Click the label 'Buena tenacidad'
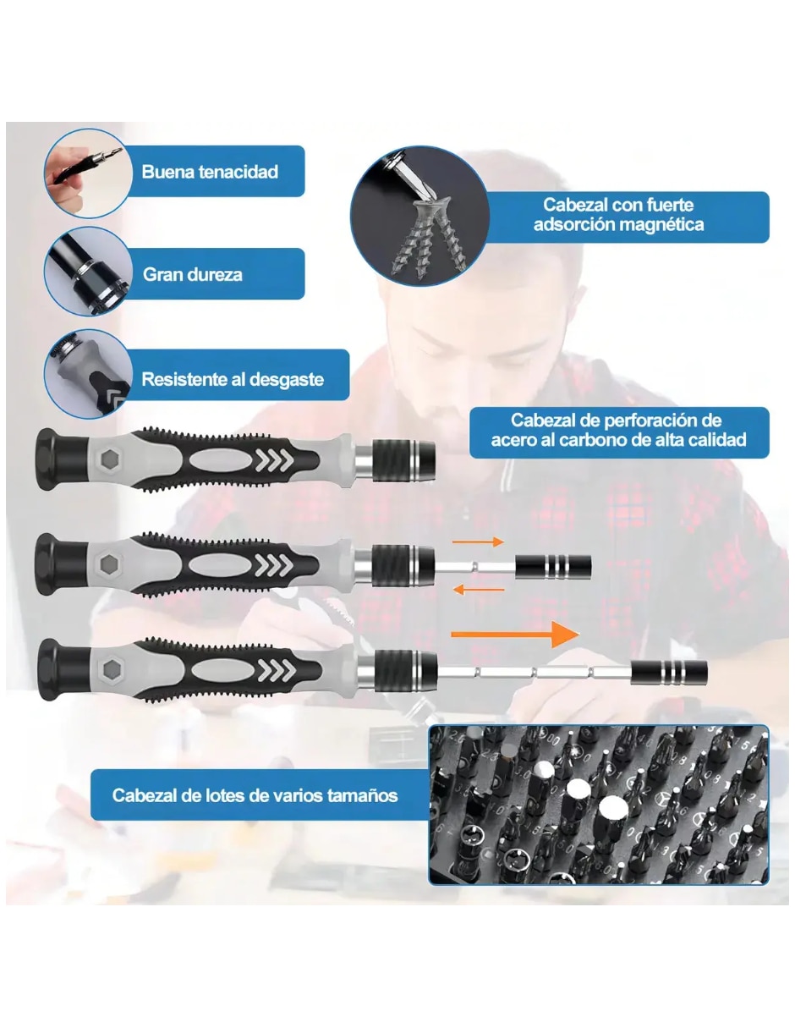point(210,171)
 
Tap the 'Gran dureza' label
point(192,274)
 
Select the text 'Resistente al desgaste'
point(233,379)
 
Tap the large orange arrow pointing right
point(515,635)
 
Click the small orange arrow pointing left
point(479,590)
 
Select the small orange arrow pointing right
point(478,541)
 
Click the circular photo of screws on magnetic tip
point(419,216)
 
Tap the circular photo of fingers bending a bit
point(88,173)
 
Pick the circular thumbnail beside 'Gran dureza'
point(88,272)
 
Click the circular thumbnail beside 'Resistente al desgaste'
point(88,374)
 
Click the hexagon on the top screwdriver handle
point(110,458)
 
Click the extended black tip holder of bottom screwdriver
point(669,672)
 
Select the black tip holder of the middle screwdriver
point(553,566)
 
